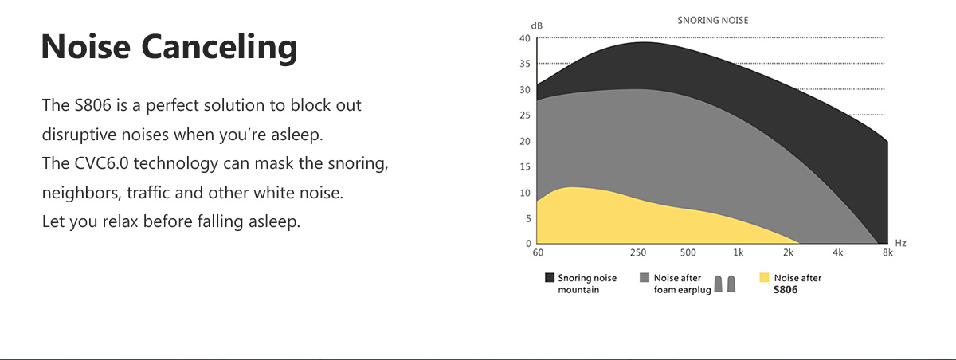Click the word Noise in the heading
pos(86,46)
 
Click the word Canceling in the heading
pos(219,49)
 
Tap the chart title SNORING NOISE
pos(713,21)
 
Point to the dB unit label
pos(536,26)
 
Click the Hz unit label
pos(900,243)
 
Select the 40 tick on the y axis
pos(524,38)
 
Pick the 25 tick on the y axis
pos(524,115)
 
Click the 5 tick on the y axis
pos(528,218)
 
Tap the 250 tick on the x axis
pos(638,252)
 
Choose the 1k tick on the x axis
pos(738,252)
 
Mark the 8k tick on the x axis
pos(887,252)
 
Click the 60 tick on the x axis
pos(538,252)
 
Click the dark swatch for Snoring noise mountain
pos(550,278)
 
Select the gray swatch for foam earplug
pos(645,278)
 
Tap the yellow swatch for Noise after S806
pos(764,278)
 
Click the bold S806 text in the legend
pos(786,290)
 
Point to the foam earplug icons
pos(725,284)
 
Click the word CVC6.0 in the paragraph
pos(101,163)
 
